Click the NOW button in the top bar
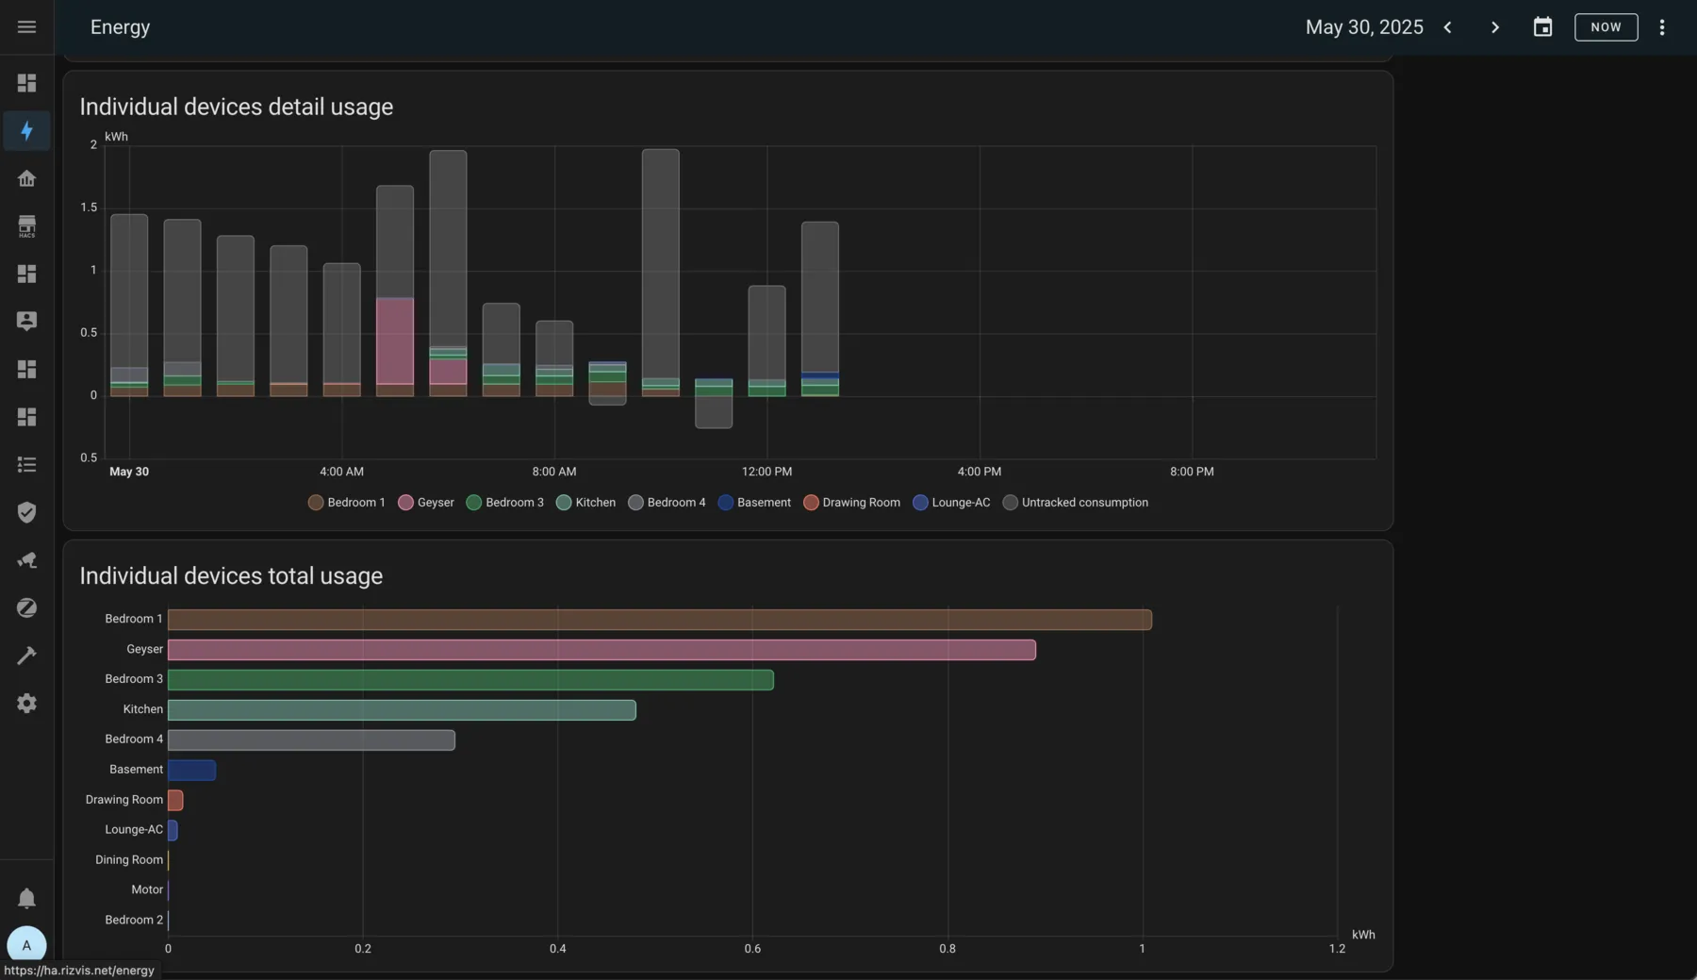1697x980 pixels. click(1606, 27)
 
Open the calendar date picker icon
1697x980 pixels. click(1542, 27)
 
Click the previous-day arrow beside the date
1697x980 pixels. click(1447, 27)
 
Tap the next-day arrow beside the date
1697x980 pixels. click(1494, 27)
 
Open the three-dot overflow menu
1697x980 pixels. click(1662, 27)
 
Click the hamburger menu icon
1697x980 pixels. click(26, 27)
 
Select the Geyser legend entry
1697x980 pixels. click(426, 503)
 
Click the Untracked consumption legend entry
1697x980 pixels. click(1076, 503)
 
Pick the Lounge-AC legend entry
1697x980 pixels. click(951, 503)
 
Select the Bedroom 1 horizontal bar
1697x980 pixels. click(660, 620)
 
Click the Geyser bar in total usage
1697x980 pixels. click(601, 650)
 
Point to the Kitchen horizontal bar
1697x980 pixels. click(402, 710)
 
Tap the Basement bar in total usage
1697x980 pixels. click(191, 771)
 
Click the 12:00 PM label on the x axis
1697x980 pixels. click(766, 472)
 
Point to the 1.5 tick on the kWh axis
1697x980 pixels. click(89, 208)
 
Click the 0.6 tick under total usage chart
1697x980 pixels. click(752, 949)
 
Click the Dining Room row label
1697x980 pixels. click(129, 860)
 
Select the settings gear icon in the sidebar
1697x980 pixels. click(26, 704)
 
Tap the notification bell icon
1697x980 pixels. click(26, 898)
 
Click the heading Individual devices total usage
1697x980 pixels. click(231, 576)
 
